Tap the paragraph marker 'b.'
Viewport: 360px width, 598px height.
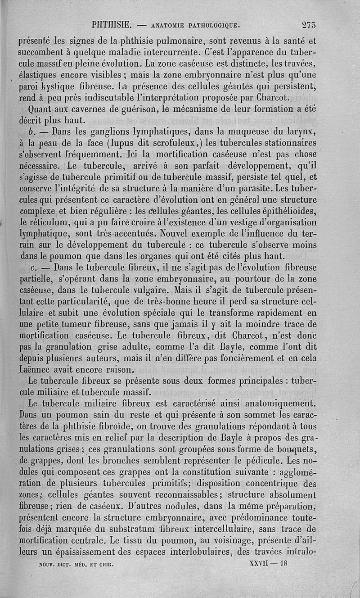[x=31, y=133]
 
